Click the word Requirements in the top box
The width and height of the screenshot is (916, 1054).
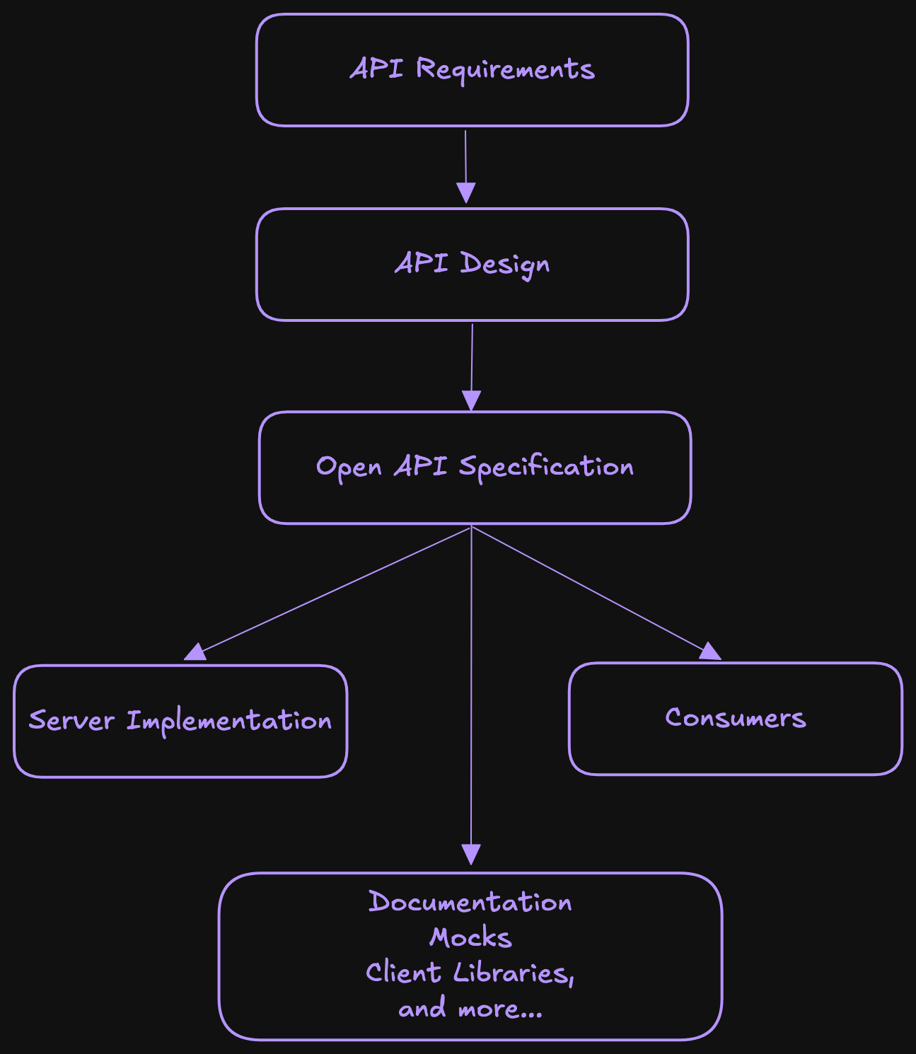[x=505, y=70]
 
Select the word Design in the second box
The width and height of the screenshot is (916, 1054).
[x=505, y=265]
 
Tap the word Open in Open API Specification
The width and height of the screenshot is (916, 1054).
[x=349, y=468]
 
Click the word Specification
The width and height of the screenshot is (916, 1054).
[x=546, y=468]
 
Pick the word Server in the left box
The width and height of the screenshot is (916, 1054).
[x=71, y=721]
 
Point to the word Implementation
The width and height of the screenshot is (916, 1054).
[x=229, y=721]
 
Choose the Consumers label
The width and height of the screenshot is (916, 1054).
[x=735, y=718]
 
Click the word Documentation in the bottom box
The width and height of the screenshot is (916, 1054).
[x=470, y=903]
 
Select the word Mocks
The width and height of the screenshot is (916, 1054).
[x=470, y=938]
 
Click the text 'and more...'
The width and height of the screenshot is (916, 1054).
[x=470, y=1009]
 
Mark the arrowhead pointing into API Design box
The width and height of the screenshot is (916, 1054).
[x=466, y=193]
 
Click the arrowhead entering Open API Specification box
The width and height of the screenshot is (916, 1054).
[x=471, y=400]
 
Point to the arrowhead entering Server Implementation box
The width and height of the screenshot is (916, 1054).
[x=195, y=652]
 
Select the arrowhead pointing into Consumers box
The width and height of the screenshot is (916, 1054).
[x=709, y=651]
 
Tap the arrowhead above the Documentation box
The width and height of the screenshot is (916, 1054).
[x=471, y=855]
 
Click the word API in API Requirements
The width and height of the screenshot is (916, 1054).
[x=377, y=70]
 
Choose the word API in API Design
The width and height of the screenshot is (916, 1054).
[x=422, y=265]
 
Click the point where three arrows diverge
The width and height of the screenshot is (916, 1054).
[x=471, y=527]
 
